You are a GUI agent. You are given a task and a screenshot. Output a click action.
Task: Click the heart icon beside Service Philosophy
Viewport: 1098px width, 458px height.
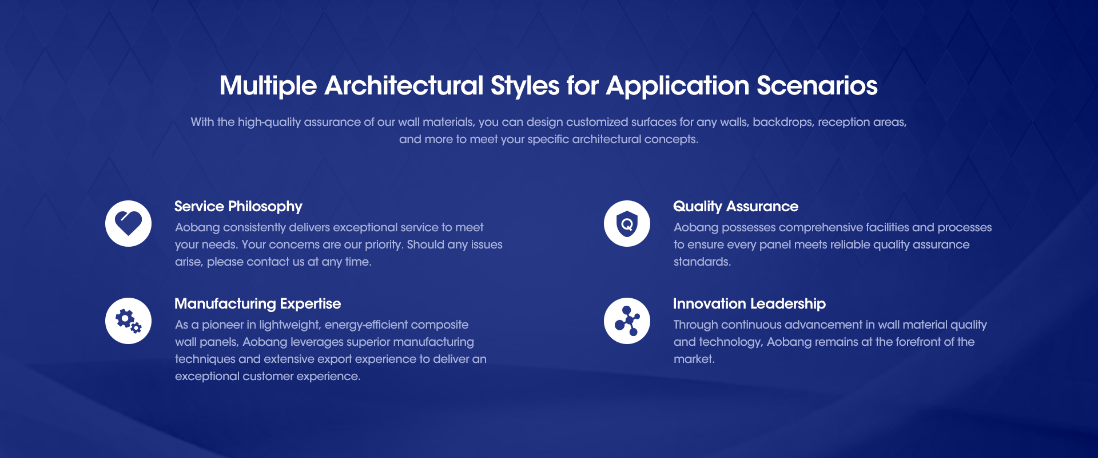[128, 223]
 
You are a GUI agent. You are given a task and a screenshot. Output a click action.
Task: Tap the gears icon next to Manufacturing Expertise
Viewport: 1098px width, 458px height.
[128, 321]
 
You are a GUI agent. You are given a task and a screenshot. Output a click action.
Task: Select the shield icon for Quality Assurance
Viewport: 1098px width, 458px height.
[627, 223]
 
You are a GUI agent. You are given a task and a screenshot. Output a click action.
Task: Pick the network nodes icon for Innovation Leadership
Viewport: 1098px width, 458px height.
[627, 321]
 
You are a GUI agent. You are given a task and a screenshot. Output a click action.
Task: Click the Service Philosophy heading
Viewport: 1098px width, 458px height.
[238, 207]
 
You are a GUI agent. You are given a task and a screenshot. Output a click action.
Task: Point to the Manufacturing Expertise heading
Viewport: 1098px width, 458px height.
[257, 304]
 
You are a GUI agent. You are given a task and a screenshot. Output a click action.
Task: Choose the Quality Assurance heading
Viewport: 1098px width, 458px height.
[735, 207]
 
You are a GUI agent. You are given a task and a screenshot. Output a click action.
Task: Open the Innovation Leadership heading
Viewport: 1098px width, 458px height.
[749, 304]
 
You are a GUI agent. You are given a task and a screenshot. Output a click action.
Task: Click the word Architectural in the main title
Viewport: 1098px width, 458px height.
[404, 86]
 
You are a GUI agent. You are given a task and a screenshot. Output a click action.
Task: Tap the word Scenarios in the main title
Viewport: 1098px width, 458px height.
[817, 86]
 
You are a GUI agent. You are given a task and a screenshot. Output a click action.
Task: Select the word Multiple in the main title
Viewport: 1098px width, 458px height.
[268, 86]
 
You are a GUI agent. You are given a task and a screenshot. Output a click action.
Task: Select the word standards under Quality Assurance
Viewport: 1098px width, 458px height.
[702, 262]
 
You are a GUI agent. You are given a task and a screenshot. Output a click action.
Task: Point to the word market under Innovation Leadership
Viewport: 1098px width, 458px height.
[694, 359]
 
